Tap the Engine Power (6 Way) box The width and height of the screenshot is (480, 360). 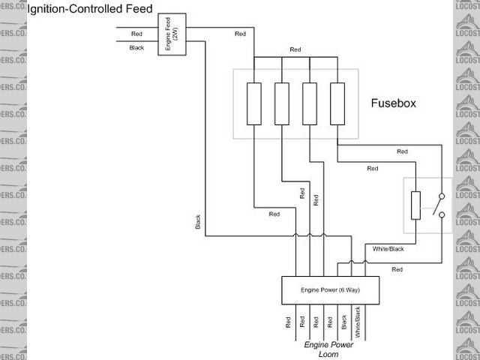click(x=331, y=289)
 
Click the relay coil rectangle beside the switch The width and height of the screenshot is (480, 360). click(x=415, y=205)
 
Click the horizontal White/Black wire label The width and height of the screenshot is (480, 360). click(x=388, y=248)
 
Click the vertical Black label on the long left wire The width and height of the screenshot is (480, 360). click(x=198, y=222)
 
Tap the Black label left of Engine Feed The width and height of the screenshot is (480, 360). click(x=136, y=48)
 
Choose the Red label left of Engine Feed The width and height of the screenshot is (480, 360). click(x=136, y=34)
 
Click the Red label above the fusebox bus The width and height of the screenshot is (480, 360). click(x=295, y=50)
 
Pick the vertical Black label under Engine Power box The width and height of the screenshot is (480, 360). click(x=344, y=322)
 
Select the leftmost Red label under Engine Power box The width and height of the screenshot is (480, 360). click(x=287, y=322)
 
